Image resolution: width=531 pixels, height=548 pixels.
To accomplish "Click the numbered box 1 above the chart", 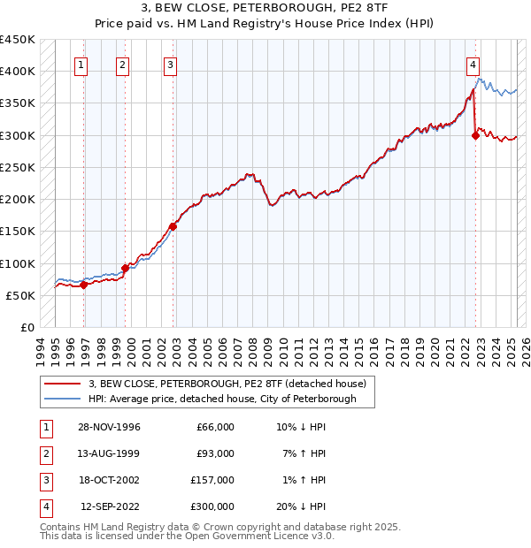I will coord(81,64).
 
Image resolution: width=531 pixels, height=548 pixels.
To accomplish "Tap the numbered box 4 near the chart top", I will coord(473,64).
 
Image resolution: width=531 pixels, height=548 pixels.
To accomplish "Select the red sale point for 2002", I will coord(173,226).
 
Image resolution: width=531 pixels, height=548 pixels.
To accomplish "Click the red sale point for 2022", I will coord(476,135).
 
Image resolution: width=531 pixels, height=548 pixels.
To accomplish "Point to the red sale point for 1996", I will coord(84,285).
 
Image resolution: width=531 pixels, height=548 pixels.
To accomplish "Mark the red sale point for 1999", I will coord(125,267).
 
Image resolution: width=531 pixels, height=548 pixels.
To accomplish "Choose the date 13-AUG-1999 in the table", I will coord(109,453).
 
